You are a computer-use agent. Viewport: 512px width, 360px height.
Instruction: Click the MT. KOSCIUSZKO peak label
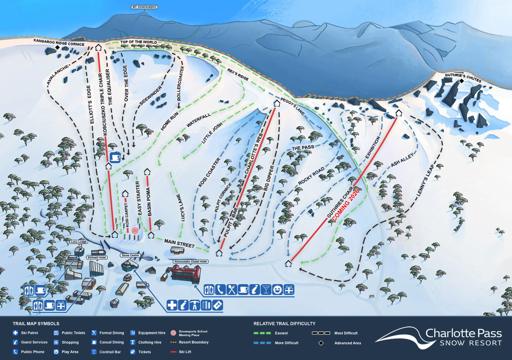(x=144, y=7)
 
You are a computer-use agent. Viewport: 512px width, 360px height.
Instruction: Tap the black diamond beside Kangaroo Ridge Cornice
(x=58, y=48)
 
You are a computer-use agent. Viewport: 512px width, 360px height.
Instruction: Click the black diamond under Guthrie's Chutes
(x=462, y=81)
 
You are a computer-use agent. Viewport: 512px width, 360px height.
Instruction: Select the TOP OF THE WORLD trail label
(x=139, y=42)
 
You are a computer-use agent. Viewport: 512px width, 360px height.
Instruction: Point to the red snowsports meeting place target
(x=135, y=231)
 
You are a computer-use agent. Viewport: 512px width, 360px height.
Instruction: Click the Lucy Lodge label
(x=79, y=242)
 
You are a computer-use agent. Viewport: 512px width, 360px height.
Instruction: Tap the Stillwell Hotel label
(x=97, y=257)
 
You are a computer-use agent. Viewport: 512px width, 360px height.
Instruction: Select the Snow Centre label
(x=130, y=255)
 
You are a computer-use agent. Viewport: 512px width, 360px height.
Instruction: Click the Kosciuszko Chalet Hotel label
(x=191, y=261)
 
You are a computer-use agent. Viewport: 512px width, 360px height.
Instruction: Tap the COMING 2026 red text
(x=346, y=205)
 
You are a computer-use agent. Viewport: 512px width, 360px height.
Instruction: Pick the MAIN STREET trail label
(x=179, y=243)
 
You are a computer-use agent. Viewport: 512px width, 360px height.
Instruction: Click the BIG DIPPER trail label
(x=269, y=178)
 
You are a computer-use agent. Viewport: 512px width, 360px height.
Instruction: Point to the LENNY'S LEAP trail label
(x=425, y=180)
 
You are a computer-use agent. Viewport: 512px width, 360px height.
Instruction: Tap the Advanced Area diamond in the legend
(x=321, y=343)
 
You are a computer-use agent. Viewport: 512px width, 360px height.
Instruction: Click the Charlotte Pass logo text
(x=463, y=333)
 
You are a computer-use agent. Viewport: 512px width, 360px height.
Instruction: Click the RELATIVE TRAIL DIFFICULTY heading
(x=284, y=324)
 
